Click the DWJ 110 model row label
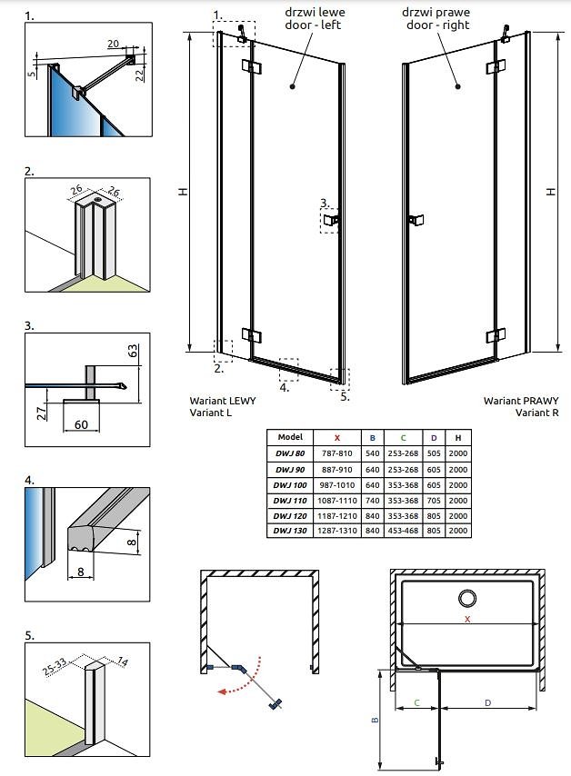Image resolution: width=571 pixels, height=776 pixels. click(290, 500)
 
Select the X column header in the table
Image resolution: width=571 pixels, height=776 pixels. click(336, 437)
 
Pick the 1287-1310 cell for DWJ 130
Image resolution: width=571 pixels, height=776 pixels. click(336, 531)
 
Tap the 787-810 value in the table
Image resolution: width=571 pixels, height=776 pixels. click(336, 453)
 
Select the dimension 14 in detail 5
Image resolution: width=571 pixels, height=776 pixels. click(124, 662)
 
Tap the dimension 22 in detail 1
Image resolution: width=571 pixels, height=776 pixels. click(138, 75)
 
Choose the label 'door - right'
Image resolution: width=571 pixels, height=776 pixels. click(438, 25)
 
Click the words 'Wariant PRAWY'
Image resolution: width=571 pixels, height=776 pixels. click(520, 400)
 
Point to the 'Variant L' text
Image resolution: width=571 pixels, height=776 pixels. click(211, 413)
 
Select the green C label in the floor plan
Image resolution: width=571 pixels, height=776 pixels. click(416, 702)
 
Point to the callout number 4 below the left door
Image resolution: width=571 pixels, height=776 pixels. click(284, 387)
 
